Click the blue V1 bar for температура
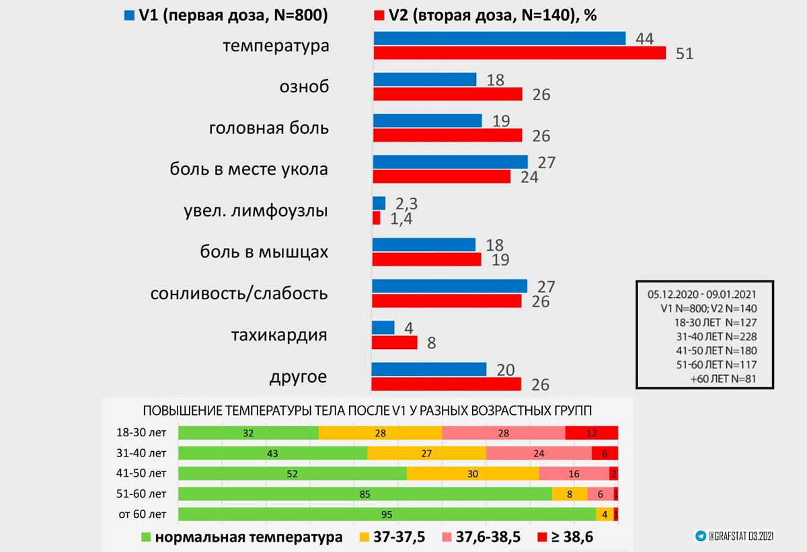tap(499, 39)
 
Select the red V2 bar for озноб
tap(447, 94)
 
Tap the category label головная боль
tap(269, 128)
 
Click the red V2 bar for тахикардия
tap(394, 342)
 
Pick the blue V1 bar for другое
tap(428, 369)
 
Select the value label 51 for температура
tap(684, 54)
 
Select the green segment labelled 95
tap(387, 515)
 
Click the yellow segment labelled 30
tap(472, 474)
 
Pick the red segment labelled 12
tap(591, 433)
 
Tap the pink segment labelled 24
tap(539, 453)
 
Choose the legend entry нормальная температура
tap(242, 537)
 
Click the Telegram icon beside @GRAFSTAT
tap(701, 536)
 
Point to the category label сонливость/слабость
tap(239, 294)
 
